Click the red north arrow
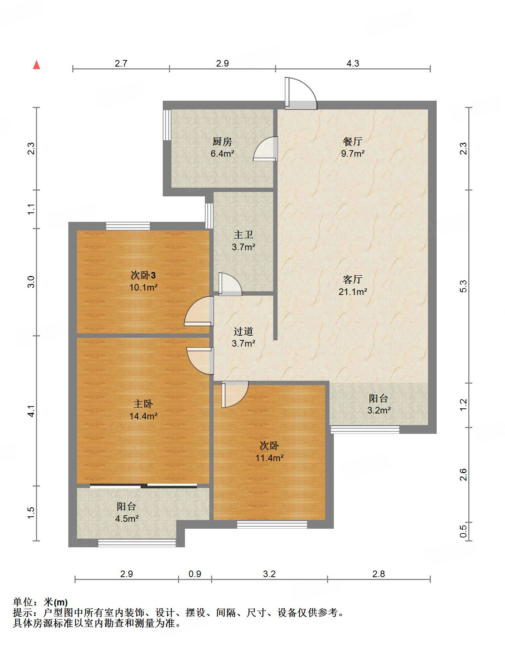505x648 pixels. pyautogui.click(x=36, y=65)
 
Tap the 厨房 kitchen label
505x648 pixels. pyautogui.click(x=222, y=141)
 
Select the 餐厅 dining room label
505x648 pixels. pyautogui.click(x=352, y=141)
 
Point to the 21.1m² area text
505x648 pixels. pyautogui.click(x=353, y=292)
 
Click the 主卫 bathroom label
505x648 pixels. pyautogui.click(x=243, y=235)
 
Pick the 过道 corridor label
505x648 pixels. pyautogui.click(x=243, y=331)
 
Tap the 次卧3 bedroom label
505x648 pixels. pyautogui.click(x=143, y=275)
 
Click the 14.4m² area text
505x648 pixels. pyautogui.click(x=143, y=416)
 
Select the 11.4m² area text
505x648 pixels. pyautogui.click(x=269, y=458)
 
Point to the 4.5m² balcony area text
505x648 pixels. pyautogui.click(x=127, y=519)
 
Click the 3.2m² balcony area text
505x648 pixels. pyautogui.click(x=379, y=411)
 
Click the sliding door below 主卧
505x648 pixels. pyautogui.click(x=144, y=486)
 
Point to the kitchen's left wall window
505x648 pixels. pyautogui.click(x=167, y=125)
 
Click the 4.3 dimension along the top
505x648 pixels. pyautogui.click(x=353, y=64)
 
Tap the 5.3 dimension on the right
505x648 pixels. pyautogui.click(x=463, y=286)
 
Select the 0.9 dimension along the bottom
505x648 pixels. pyautogui.click(x=195, y=574)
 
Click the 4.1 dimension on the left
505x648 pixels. pyautogui.click(x=32, y=411)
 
